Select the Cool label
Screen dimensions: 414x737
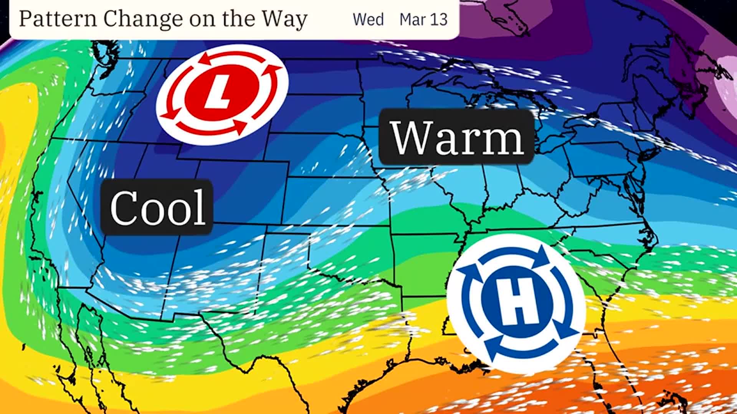click(157, 207)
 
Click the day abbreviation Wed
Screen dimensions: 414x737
click(368, 19)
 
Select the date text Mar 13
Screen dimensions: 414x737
click(423, 19)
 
